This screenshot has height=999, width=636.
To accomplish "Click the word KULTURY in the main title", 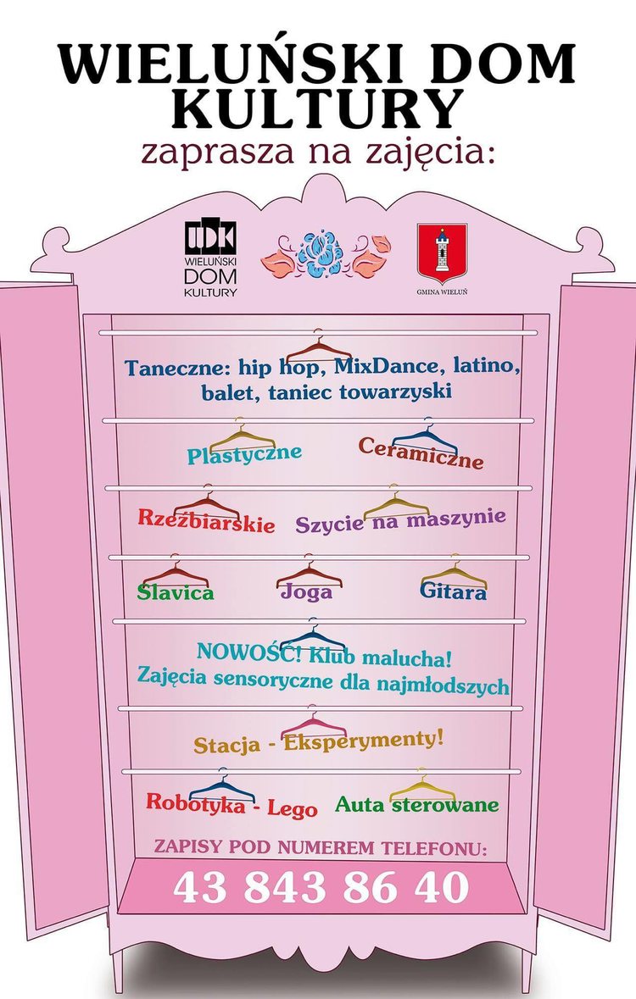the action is coord(317,110).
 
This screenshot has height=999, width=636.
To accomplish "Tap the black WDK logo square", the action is coord(210,238).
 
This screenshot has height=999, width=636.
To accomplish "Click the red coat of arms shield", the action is coord(442,253).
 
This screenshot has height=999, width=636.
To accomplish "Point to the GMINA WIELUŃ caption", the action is coord(442,291).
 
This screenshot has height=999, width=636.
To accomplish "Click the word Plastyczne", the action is coord(244,454).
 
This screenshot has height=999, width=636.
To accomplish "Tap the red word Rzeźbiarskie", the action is coord(207,520).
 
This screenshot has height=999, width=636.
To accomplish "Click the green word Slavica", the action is coord(176,592).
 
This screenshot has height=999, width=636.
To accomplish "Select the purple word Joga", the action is coord(307,592).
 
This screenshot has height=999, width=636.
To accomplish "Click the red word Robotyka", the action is coord(196,802).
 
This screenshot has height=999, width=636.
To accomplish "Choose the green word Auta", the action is coord(360,805).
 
